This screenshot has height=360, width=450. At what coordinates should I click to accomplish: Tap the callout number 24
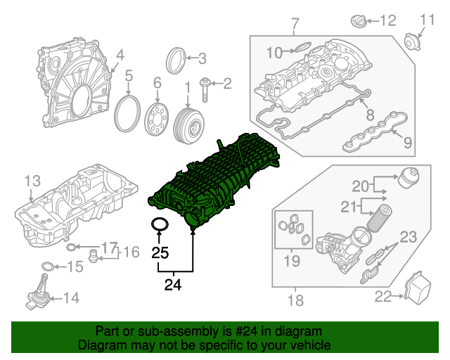pos(172,285)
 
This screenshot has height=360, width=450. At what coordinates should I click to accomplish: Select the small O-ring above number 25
pos(160,225)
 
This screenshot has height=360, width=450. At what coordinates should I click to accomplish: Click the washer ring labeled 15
pos(47,266)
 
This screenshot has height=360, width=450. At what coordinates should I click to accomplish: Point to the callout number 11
pos(427,19)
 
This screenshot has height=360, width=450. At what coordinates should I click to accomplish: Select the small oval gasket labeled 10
pos(300,49)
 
